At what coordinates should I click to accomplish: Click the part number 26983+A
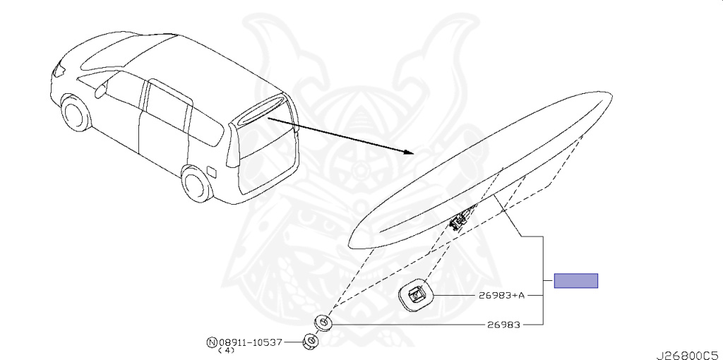pos(501,295)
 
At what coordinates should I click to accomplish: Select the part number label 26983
pos(503,325)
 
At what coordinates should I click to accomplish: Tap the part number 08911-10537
pos(250,342)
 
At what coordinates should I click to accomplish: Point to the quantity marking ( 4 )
pos(226,350)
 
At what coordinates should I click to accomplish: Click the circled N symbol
pos(211,342)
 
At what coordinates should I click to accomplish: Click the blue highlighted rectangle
pos(575,280)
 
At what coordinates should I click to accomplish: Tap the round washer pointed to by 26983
pos(323,323)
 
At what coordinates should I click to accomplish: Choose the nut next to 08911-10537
pos(309,342)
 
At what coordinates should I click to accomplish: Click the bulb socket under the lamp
pos(460,220)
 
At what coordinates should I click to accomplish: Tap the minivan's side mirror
pos(100,90)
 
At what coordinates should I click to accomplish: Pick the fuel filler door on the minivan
pos(211,170)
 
